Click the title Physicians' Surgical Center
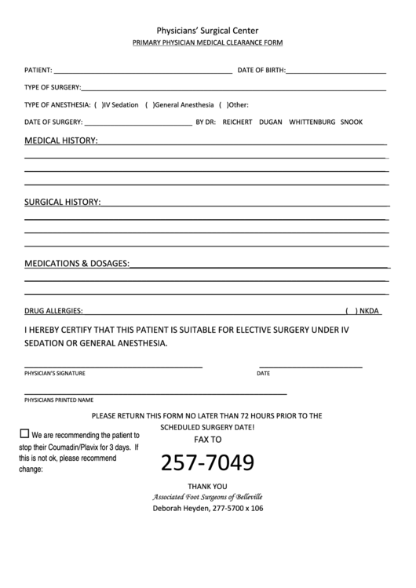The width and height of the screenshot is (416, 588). pyautogui.click(x=208, y=31)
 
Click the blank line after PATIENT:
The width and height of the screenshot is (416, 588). pyautogui.click(x=142, y=70)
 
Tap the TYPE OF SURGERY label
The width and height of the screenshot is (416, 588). pyautogui.click(x=53, y=87)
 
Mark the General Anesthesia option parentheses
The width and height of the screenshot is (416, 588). pyautogui.click(x=150, y=104)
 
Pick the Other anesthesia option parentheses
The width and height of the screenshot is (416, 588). pyautogui.click(x=224, y=104)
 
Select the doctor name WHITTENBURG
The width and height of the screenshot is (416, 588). pyautogui.click(x=312, y=122)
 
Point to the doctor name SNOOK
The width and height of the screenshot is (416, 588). pyautogui.click(x=352, y=122)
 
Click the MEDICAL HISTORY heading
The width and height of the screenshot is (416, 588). pyautogui.click(x=61, y=141)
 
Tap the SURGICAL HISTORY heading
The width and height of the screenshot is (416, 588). pyautogui.click(x=63, y=202)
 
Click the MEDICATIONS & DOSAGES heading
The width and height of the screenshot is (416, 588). pyautogui.click(x=77, y=263)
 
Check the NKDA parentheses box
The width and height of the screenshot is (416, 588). pyautogui.click(x=351, y=311)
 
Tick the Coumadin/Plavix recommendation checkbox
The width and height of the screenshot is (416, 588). pyautogui.click(x=24, y=433)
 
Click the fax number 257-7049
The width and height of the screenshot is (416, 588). pyautogui.click(x=208, y=463)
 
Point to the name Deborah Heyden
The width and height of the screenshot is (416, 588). pyautogui.click(x=180, y=508)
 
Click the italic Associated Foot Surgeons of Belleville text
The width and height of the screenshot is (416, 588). pyautogui.click(x=208, y=497)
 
